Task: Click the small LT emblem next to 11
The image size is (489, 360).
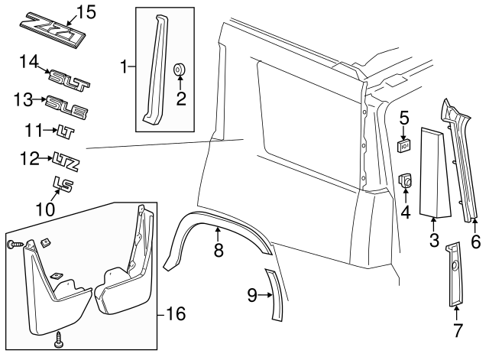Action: pyautogui.click(x=63, y=131)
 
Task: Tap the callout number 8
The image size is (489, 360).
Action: pyautogui.click(x=218, y=250)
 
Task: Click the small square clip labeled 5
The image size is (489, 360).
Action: pyautogui.click(x=406, y=143)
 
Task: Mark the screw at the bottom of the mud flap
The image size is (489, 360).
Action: pyautogui.click(x=59, y=339)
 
